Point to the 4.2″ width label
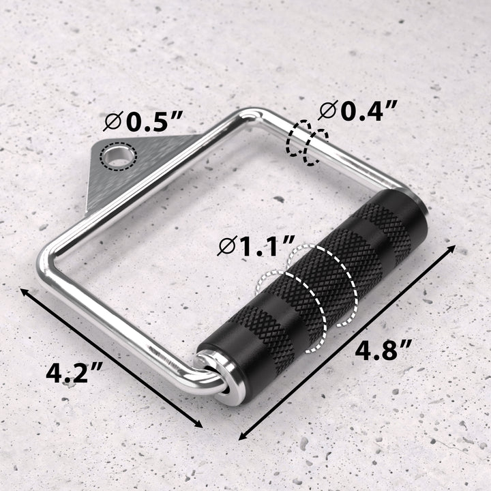75,373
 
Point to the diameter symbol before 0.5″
113,122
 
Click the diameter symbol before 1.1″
226,247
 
